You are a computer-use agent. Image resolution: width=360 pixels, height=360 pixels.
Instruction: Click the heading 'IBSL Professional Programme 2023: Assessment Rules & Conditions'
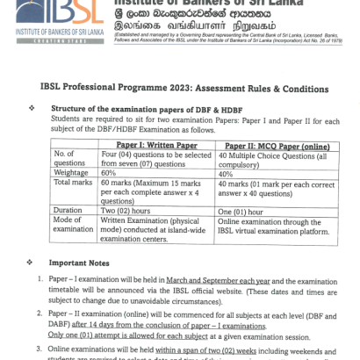[190, 89]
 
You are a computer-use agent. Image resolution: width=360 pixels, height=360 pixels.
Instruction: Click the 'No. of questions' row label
[68, 157]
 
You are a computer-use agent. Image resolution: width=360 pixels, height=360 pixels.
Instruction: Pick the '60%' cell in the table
[110, 173]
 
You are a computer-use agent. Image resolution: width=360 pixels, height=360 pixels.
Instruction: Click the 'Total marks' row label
[73, 183]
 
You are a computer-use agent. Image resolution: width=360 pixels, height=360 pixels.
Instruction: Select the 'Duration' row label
[68, 211]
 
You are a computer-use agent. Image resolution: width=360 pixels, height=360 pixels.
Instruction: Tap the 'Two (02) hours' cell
[131, 211]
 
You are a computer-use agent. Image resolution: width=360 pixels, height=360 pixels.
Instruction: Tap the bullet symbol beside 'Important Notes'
[32, 262]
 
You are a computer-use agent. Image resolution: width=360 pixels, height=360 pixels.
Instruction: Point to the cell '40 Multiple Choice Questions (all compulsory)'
[277, 157]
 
